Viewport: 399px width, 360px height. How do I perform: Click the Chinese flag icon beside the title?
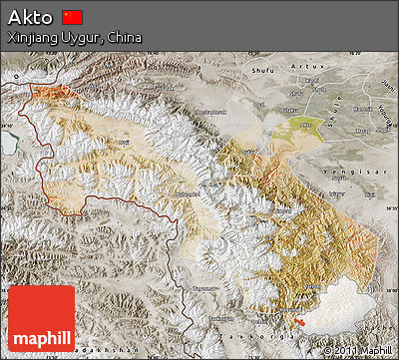coord(73,17)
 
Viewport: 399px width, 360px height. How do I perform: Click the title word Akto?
coord(30,17)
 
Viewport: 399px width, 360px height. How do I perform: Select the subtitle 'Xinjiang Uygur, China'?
coord(73,37)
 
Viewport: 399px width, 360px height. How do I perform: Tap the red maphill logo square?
coord(41,318)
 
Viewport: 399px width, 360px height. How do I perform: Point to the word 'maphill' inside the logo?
coord(41,337)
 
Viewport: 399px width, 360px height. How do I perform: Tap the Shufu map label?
coord(262,70)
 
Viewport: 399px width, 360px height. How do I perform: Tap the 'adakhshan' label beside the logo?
coord(111,352)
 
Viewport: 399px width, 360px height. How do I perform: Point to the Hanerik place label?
coord(357,108)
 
